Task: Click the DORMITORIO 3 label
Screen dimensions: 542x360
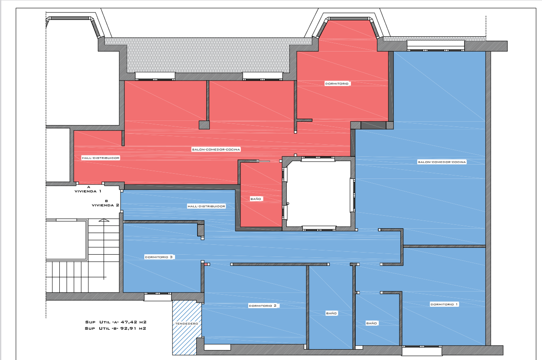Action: [x=159, y=257]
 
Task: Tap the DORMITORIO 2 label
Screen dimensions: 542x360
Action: [x=263, y=306]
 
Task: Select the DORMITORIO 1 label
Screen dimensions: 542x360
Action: [x=444, y=305]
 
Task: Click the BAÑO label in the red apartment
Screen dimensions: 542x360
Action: [x=256, y=199]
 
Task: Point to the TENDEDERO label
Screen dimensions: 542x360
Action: [x=187, y=324]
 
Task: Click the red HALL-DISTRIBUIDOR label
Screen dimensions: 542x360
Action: [x=101, y=158]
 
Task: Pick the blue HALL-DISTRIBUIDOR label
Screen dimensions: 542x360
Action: [x=206, y=206]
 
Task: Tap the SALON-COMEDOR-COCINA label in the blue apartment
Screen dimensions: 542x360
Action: [x=442, y=162]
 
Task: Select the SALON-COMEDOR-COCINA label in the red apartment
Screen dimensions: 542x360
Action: [x=216, y=149]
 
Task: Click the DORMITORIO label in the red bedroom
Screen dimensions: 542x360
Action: [x=337, y=84]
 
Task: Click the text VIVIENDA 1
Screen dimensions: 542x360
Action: [x=88, y=191]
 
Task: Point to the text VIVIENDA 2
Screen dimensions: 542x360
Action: [x=105, y=205]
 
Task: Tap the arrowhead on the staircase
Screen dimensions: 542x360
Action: [x=104, y=220]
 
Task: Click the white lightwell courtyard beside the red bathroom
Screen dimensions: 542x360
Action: [x=319, y=194]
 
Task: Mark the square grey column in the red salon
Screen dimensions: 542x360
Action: [x=204, y=125]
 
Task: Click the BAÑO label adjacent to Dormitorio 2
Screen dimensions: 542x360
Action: [x=331, y=313]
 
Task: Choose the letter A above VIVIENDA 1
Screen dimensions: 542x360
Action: [x=88, y=187]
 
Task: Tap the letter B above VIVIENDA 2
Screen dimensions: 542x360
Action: [x=107, y=201]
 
